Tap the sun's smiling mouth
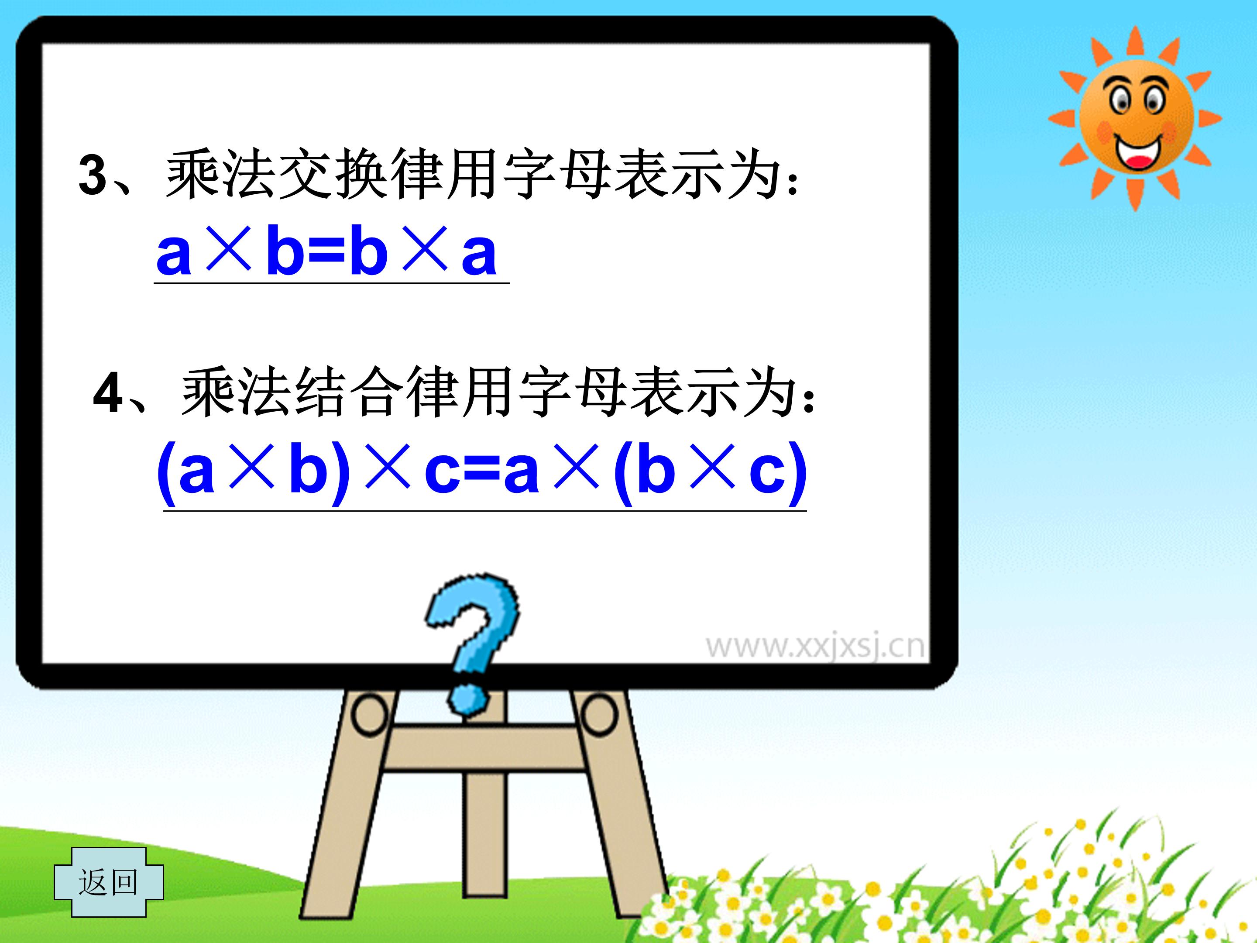point(1138,153)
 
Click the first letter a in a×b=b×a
point(173,253)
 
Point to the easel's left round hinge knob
point(369,714)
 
